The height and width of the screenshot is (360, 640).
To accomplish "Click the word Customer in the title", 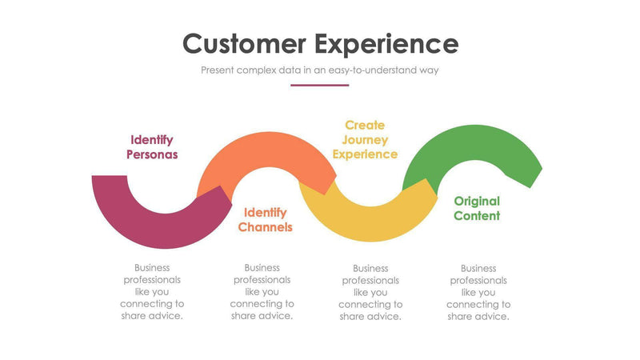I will click(x=243, y=43).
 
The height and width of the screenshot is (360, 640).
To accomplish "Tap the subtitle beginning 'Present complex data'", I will click(x=320, y=70).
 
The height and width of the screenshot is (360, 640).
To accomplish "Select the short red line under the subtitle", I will click(x=320, y=85).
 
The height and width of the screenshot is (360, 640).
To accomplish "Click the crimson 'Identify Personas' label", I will click(x=152, y=147).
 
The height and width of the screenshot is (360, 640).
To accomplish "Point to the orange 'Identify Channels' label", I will click(x=265, y=220).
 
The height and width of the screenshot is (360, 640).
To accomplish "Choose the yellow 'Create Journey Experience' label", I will click(x=365, y=139).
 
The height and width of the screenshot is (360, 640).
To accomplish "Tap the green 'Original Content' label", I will click(x=477, y=208).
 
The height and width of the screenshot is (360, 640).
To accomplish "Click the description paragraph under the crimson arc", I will click(x=152, y=291).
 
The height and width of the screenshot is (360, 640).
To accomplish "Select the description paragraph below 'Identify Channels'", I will click(x=262, y=291).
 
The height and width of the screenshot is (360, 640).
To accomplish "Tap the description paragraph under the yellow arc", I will click(x=370, y=292).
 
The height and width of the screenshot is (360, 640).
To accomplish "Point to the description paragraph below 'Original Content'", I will click(x=478, y=292).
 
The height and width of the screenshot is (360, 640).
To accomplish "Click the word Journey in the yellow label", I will click(x=365, y=139).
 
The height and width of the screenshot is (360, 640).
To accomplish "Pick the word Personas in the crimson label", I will click(x=152, y=154).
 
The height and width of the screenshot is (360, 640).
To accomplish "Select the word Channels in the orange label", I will click(x=265, y=227).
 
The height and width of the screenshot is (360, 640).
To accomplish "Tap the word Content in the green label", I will click(x=477, y=216).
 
